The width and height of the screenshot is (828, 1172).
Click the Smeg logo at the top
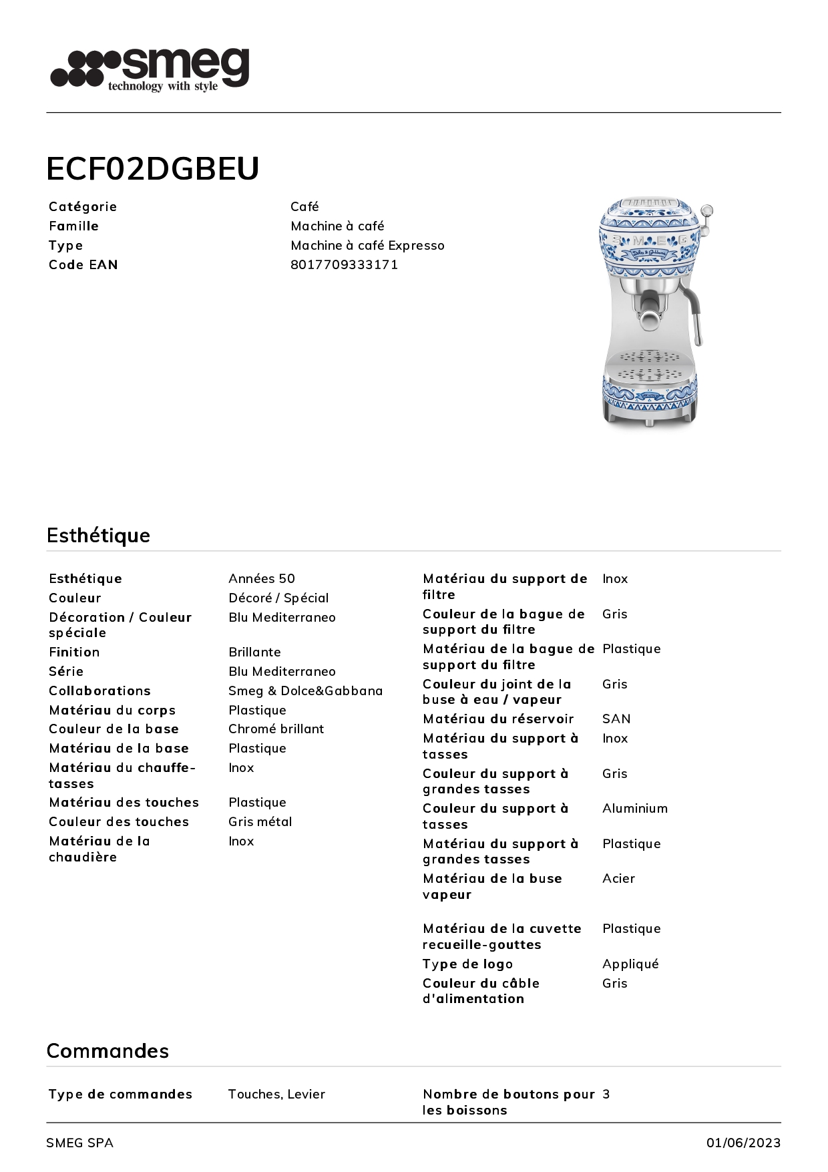[x=150, y=69]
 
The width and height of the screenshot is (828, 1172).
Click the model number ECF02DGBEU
[x=152, y=169]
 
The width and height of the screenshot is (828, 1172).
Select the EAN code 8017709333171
[x=344, y=264]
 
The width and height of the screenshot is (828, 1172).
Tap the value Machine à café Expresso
[x=367, y=245]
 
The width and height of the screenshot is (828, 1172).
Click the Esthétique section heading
[x=98, y=535]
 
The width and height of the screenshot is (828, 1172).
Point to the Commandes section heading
[x=108, y=1050]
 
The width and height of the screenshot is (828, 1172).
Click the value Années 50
[x=261, y=578]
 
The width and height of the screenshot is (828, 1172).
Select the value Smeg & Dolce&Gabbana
[x=305, y=691]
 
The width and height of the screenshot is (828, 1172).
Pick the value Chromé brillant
[x=276, y=729]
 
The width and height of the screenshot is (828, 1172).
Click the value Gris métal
[x=260, y=821]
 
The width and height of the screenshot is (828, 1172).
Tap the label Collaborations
[x=99, y=691]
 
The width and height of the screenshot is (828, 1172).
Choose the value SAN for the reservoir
[x=616, y=719]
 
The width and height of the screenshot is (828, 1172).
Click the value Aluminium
[x=634, y=808]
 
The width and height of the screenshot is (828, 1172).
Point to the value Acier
[x=618, y=878]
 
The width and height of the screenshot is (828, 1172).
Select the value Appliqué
[x=630, y=964]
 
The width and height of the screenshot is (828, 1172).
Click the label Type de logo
[x=467, y=964]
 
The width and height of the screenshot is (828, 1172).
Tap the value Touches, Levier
[x=276, y=1094]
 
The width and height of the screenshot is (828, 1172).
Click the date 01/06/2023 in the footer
[x=743, y=1143]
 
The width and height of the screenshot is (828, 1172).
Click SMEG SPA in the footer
[x=79, y=1143]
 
